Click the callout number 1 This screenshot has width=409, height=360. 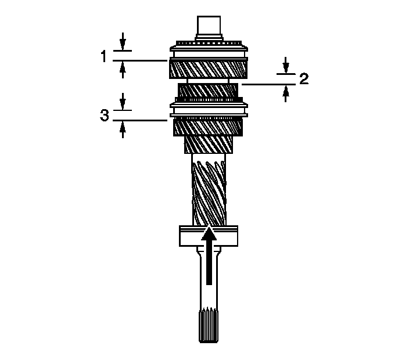click(104, 56)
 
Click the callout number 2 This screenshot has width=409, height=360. click(304, 79)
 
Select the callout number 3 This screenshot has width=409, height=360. click(105, 115)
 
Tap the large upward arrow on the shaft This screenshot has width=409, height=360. click(209, 256)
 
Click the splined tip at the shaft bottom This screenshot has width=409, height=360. click(209, 325)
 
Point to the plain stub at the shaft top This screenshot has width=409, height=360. click(209, 26)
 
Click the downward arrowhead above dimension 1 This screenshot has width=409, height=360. click(123, 44)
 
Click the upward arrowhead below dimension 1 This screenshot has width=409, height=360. click(123, 67)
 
